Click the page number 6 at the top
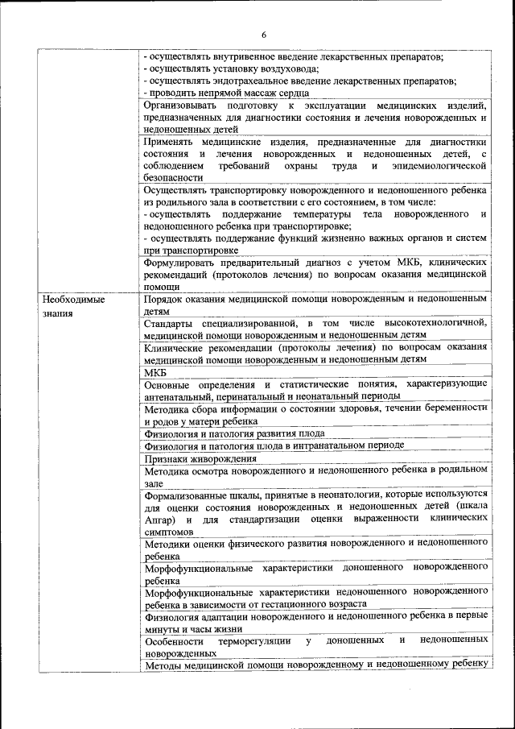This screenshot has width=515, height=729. point(263,34)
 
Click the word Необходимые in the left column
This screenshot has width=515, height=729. point(74,299)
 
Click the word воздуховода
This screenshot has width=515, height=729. point(288,69)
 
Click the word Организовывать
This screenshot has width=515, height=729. point(181,106)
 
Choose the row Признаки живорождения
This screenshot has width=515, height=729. point(196,458)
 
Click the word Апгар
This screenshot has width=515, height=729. point(157,519)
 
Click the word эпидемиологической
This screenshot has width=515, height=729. point(439,165)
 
